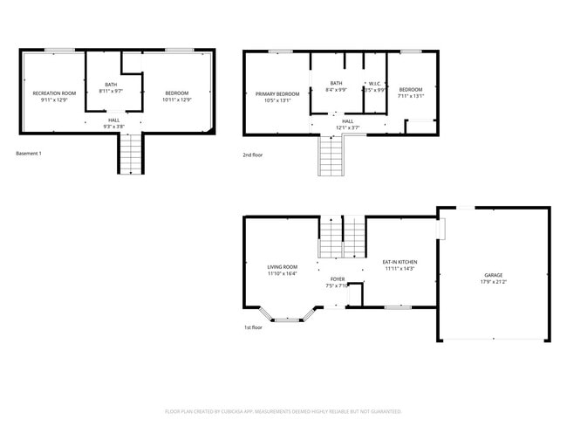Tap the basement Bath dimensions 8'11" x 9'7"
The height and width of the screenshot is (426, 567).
click(111, 91)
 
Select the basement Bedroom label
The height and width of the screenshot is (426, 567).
click(176, 93)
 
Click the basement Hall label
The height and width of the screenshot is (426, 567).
click(114, 120)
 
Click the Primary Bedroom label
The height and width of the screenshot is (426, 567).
click(277, 93)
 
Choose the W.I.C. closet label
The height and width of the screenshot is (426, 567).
click(373, 84)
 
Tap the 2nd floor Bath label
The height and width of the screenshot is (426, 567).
click(335, 84)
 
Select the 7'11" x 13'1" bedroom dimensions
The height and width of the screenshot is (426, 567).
click(411, 96)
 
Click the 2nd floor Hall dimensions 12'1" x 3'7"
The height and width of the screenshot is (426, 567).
click(347, 128)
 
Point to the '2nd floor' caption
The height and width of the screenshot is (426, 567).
click(254, 154)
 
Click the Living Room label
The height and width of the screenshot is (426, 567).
click(282, 267)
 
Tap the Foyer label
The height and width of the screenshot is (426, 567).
click(337, 279)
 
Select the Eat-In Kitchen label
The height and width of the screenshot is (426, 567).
click(400, 262)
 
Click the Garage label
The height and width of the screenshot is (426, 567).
click(493, 275)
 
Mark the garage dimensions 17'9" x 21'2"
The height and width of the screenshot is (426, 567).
click(493, 282)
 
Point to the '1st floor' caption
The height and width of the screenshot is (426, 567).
click(253, 327)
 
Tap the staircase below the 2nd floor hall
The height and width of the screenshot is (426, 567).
click(331, 156)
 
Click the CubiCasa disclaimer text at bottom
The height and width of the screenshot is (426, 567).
click(283, 410)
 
